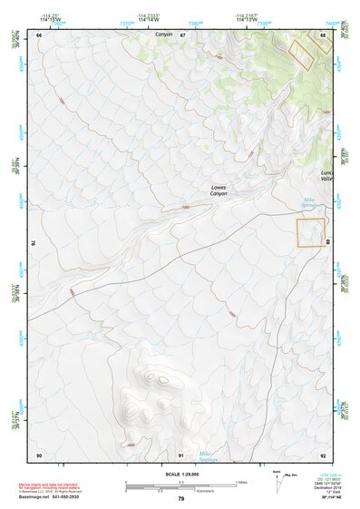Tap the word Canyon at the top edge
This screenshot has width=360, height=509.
pos(163,34)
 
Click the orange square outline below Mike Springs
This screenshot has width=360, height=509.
pos(310,232)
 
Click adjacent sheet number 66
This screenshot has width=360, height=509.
pos(39,34)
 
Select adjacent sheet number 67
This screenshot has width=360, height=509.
pos(182,34)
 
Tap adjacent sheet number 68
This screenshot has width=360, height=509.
pos(324,34)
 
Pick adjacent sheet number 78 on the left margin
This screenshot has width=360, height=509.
pos(33,243)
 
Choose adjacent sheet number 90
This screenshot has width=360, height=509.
pos(39,455)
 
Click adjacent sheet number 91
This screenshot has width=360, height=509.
pos(182,455)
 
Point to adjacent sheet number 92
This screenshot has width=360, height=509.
pos(324,455)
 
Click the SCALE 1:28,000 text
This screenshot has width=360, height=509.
pos(181,474)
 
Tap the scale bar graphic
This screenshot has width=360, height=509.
pos(181,485)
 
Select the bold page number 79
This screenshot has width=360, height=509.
pos(181,498)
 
